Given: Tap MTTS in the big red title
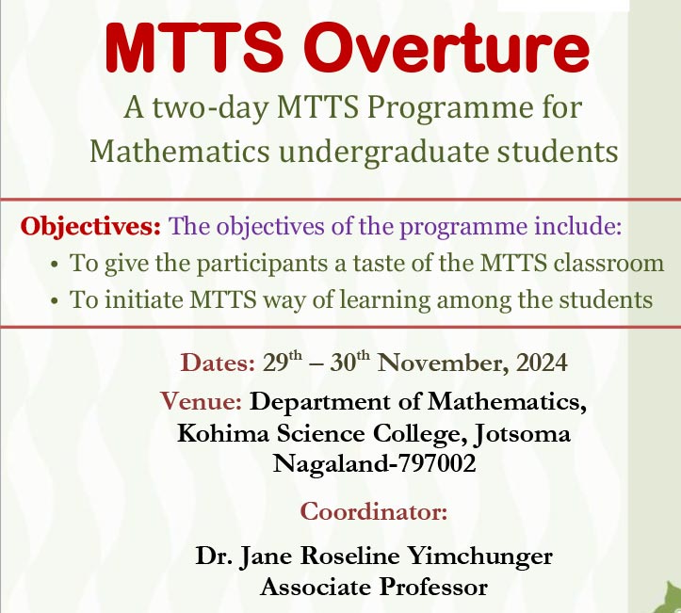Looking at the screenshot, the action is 194,48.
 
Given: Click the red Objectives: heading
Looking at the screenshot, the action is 90,227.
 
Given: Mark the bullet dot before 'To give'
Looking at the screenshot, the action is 55,264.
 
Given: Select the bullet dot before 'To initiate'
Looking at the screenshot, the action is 55,300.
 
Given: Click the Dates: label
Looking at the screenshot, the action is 218,363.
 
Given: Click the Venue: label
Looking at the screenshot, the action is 201,401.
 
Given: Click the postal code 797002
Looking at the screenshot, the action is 436,463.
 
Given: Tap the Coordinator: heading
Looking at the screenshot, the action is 374,511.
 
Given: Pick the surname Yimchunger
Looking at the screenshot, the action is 480,557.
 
